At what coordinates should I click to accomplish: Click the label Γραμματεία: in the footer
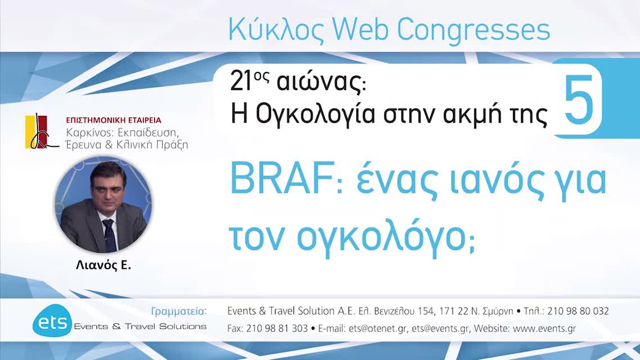pyautogui.click(x=179, y=311)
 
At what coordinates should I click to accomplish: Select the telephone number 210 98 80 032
pyautogui.click(x=579, y=311)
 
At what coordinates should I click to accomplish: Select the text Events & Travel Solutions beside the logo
pyautogui.click(x=140, y=326)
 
